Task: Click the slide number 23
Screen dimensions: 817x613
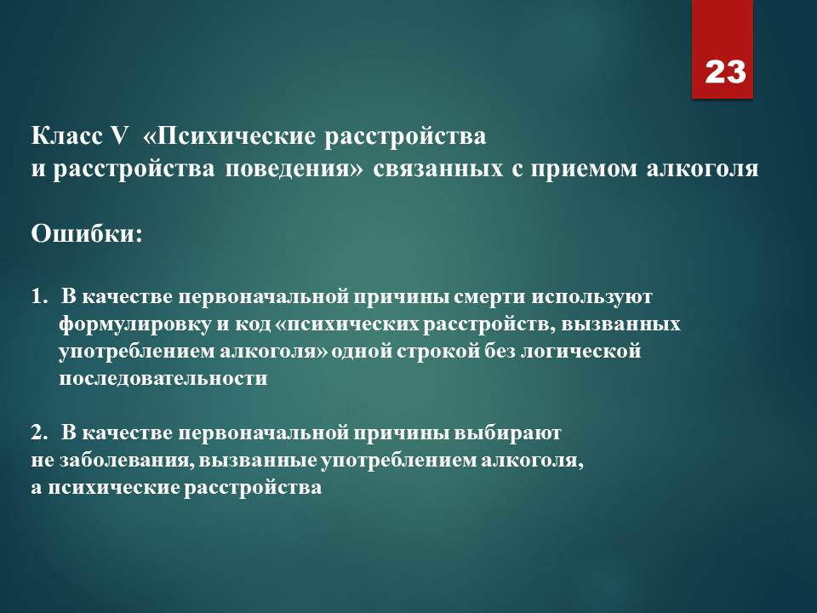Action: pyautogui.click(x=725, y=72)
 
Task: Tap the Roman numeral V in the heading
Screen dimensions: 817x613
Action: pyautogui.click(x=118, y=136)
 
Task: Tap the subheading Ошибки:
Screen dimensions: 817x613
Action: pyautogui.click(x=87, y=233)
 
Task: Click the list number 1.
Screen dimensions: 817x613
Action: pyautogui.click(x=38, y=296)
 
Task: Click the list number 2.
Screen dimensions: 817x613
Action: pyautogui.click(x=38, y=433)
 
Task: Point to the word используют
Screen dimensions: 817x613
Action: pyautogui.click(x=591, y=297)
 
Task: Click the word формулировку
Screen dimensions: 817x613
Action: pyautogui.click(x=134, y=324)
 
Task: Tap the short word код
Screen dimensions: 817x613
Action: pyautogui.click(x=249, y=324)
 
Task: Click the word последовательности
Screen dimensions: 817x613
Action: pyautogui.click(x=163, y=378)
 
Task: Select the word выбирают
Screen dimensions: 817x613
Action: pyautogui.click(x=508, y=433)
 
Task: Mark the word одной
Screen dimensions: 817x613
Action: pyautogui.click(x=361, y=351)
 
